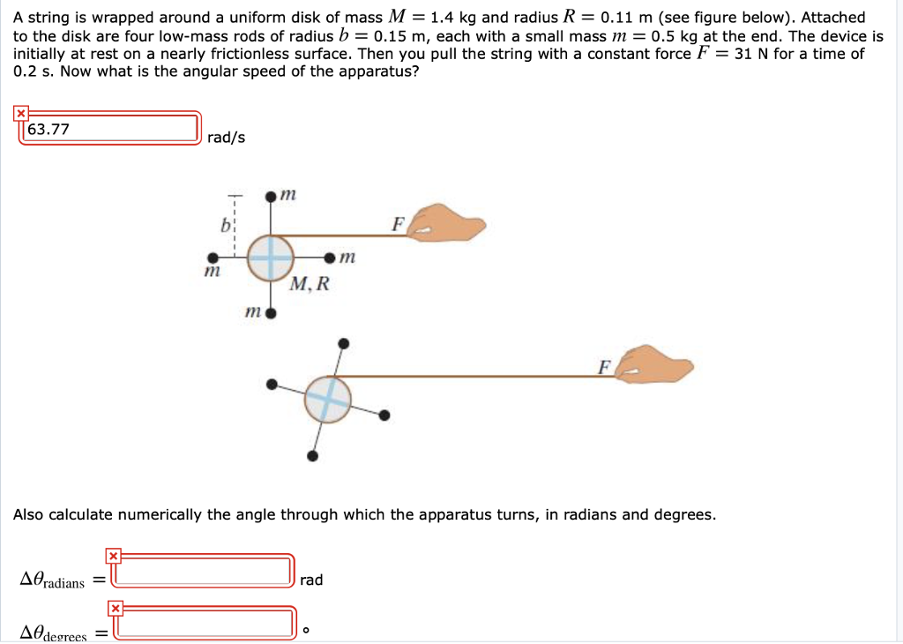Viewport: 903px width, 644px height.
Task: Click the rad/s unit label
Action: click(x=227, y=138)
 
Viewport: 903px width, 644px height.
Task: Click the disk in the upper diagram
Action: click(x=272, y=258)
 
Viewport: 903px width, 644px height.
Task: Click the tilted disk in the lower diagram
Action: click(x=328, y=399)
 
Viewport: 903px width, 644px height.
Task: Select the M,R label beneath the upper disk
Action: click(x=310, y=284)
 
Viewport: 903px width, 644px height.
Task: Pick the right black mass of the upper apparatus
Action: click(x=330, y=258)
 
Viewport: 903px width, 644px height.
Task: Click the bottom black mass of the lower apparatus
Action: click(x=312, y=456)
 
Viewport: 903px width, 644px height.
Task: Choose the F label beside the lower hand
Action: click(x=604, y=366)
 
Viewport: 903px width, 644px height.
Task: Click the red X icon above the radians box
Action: click(x=113, y=556)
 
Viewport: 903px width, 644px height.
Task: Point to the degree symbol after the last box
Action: click(x=306, y=631)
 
